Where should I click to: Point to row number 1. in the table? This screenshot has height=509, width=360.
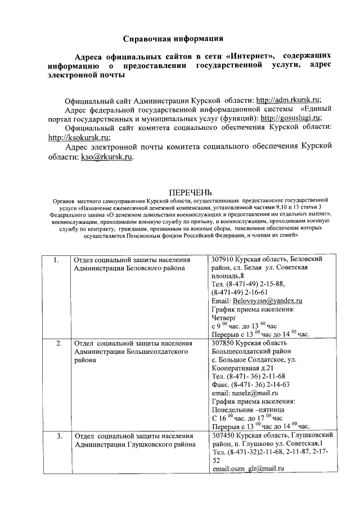tap(55, 260)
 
